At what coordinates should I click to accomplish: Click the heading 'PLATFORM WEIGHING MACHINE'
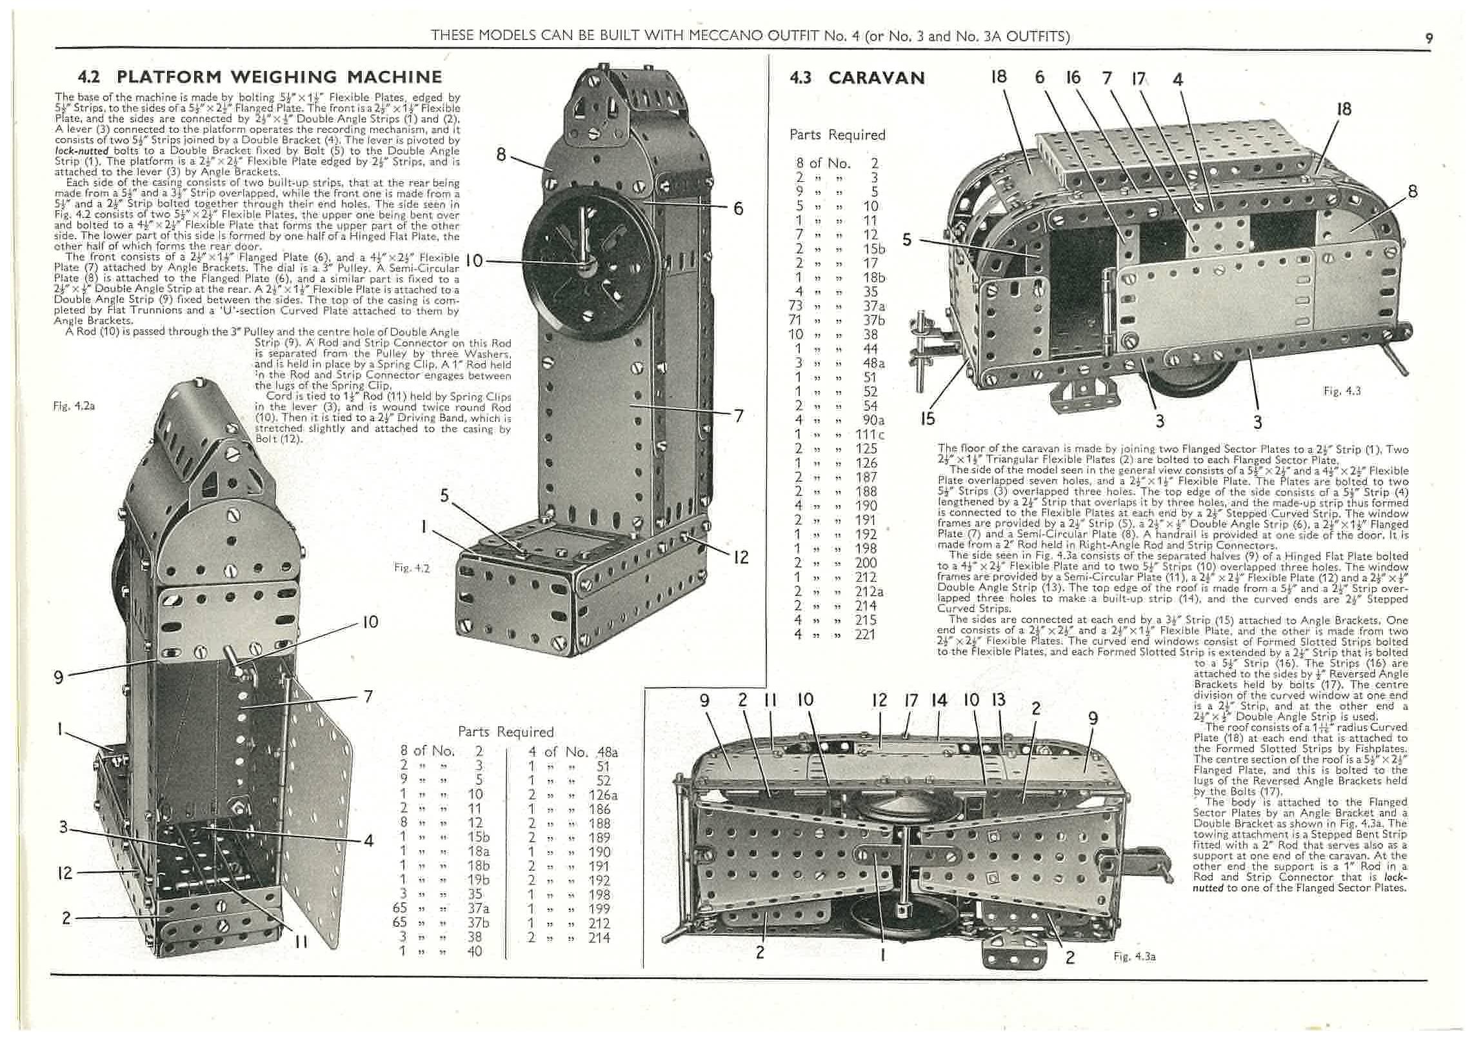point(279,77)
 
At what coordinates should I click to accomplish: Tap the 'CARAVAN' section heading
point(876,78)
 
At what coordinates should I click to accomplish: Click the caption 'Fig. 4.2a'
point(74,406)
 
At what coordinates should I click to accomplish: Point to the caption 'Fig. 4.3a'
point(1134,957)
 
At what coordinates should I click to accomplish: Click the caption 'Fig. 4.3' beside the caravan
point(1342,391)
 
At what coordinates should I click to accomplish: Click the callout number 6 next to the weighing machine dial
point(738,208)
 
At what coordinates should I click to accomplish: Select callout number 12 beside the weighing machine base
point(741,557)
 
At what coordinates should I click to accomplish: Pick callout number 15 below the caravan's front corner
point(927,419)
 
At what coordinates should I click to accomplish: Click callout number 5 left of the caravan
point(907,240)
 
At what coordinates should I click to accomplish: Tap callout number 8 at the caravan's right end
point(1413,192)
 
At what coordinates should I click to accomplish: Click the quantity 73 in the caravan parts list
point(795,305)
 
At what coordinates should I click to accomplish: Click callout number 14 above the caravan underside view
point(939,700)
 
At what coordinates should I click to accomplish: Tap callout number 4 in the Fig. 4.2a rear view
point(368,841)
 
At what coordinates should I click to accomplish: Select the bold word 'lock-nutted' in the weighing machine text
point(81,151)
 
